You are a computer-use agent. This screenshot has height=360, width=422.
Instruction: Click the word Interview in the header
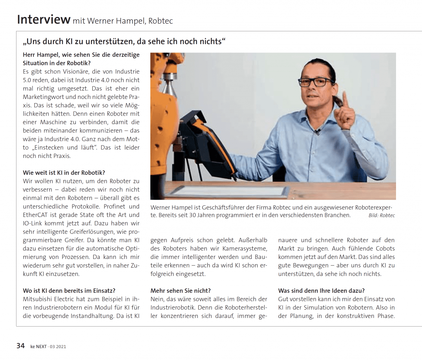[43, 19]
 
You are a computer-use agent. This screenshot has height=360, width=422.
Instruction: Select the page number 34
[21, 346]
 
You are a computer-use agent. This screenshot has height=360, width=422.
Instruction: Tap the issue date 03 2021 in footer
[58, 346]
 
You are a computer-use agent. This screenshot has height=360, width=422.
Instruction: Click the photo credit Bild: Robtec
[382, 215]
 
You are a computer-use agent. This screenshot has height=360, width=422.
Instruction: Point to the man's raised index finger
[345, 99]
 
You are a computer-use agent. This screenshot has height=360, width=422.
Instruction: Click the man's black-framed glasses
[316, 82]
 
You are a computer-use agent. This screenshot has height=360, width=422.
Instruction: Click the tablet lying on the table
[230, 191]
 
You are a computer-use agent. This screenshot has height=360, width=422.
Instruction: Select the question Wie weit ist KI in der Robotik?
[64, 173]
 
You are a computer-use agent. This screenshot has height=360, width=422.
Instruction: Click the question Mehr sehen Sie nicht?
[181, 291]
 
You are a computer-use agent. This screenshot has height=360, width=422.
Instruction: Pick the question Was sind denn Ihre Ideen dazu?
[321, 291]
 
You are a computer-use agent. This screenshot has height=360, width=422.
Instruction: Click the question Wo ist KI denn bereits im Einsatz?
[69, 291]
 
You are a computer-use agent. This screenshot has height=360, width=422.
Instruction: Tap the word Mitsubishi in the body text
[38, 299]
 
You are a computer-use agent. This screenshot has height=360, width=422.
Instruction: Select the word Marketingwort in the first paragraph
[42, 97]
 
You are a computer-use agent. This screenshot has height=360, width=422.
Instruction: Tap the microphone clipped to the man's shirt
[316, 132]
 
